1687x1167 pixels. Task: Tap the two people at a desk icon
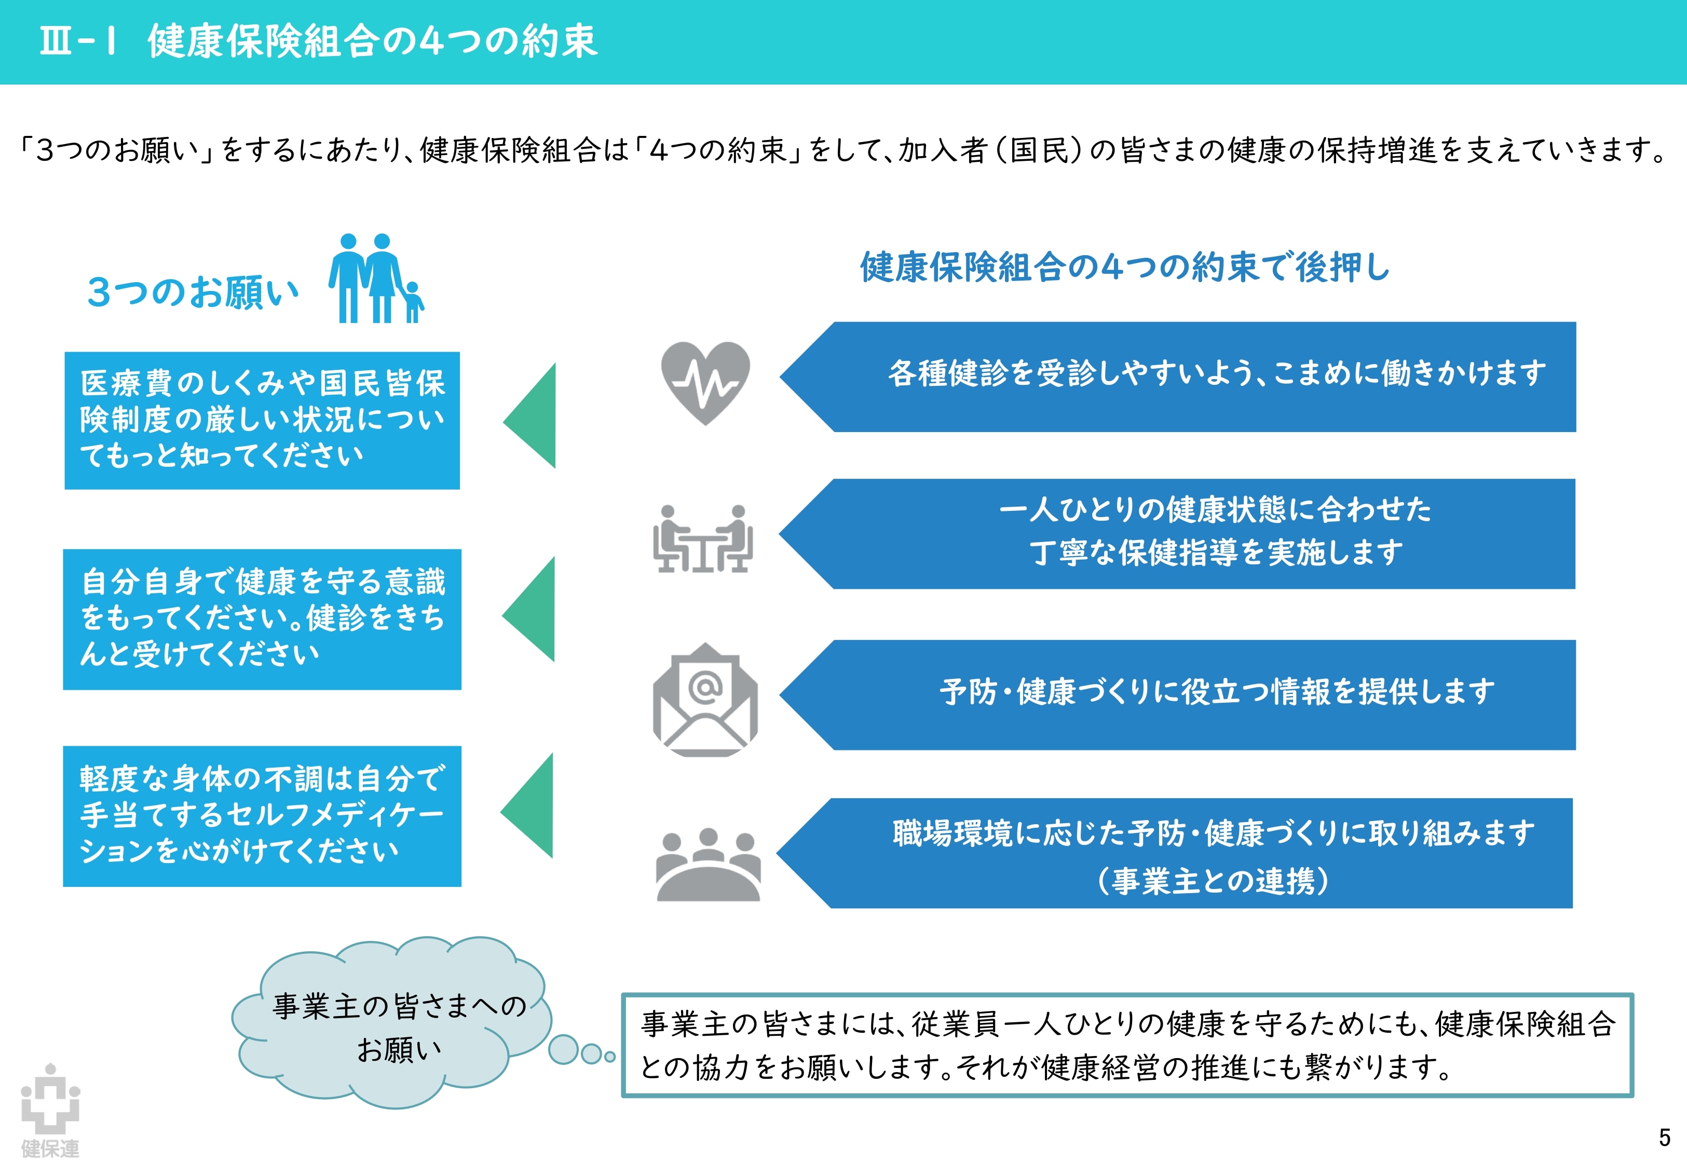coord(703,539)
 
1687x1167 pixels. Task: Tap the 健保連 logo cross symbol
coord(50,1099)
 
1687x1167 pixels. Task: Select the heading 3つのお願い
coord(193,293)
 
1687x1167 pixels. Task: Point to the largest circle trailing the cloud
coord(563,1049)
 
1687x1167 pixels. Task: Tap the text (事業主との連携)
coord(1213,880)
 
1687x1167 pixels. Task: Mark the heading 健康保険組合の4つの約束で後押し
coord(1124,267)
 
